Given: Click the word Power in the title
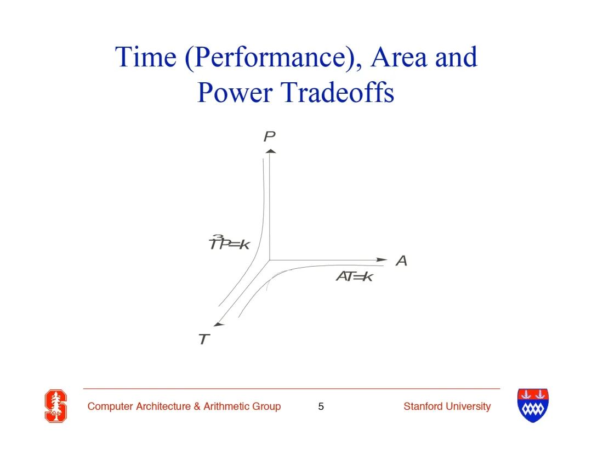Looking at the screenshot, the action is [235, 92].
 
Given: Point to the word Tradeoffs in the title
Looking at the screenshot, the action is [338, 92].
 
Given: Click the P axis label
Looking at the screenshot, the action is [270, 136].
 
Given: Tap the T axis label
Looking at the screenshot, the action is [204, 339].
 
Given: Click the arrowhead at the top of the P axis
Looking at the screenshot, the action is [270, 151].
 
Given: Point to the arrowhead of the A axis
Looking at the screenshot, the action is [382, 259].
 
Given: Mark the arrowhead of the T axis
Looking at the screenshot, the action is [219, 324].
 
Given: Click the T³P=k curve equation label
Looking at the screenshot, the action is [229, 243].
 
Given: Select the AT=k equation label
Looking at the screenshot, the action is [355, 276].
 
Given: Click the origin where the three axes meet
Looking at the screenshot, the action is [270, 260].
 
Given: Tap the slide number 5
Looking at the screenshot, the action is [321, 406].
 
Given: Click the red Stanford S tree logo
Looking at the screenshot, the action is [56, 406].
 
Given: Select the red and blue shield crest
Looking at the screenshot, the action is [533, 405].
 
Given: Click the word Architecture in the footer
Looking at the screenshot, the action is [163, 406].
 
